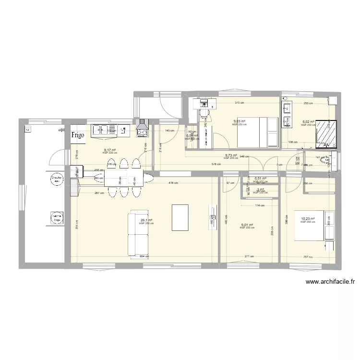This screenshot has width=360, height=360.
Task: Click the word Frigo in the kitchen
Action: (x=78, y=135)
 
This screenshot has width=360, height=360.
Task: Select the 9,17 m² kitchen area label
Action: (x=109, y=150)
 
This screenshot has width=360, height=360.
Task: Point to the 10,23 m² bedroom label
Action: (x=307, y=219)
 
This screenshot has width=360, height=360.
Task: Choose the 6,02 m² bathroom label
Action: (x=308, y=122)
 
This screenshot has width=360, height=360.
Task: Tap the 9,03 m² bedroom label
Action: (x=239, y=121)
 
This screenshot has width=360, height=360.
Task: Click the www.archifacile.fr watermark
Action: (x=329, y=282)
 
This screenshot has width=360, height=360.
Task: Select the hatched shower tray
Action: (x=326, y=132)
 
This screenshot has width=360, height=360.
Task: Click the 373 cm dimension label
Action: (x=239, y=103)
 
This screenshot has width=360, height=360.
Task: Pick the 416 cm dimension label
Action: (x=173, y=183)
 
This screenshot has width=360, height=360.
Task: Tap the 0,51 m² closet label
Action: (x=260, y=178)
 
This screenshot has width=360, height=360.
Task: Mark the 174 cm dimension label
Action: (x=259, y=205)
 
